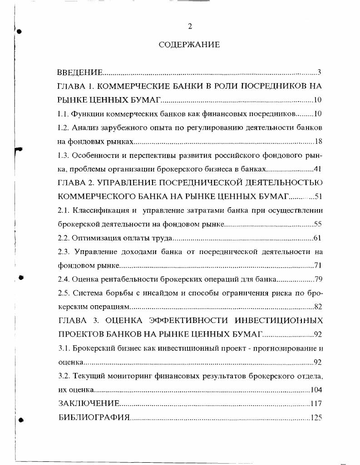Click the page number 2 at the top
[x=190, y=26]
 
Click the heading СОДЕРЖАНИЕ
[x=189, y=44]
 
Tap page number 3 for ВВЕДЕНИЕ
[x=320, y=72]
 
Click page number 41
[x=318, y=169]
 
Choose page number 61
[x=318, y=238]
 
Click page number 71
[x=318, y=265]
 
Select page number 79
[x=318, y=279]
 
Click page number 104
[x=316, y=390]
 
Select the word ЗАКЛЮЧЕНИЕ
[x=89, y=403]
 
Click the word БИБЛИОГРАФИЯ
[x=94, y=417]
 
